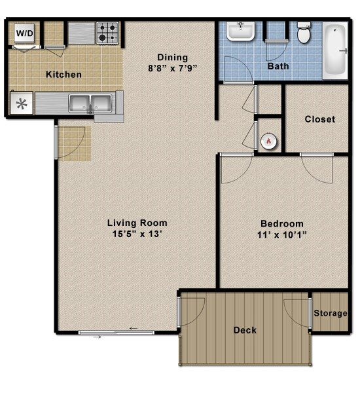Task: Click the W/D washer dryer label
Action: click(x=25, y=33)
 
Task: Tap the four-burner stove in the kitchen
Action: click(x=108, y=33)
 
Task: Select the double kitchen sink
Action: click(x=90, y=103)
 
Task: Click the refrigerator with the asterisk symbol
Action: click(x=22, y=103)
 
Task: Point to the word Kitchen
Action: click(x=63, y=75)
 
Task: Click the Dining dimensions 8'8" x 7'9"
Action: click(x=173, y=68)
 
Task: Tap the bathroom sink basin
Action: click(x=240, y=31)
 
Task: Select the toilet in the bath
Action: click(x=304, y=33)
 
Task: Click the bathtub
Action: click(x=335, y=51)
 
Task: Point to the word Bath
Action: click(x=278, y=66)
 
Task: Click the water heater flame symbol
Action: click(x=268, y=141)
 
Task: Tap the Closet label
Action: click(x=320, y=119)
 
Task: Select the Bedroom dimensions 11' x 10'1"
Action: click(x=282, y=235)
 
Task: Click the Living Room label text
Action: click(x=137, y=223)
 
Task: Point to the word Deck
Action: click(x=245, y=330)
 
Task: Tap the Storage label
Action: click(x=331, y=313)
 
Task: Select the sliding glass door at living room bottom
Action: click(x=116, y=333)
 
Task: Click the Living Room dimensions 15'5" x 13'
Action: click(x=137, y=234)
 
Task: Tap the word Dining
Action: click(x=173, y=58)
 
